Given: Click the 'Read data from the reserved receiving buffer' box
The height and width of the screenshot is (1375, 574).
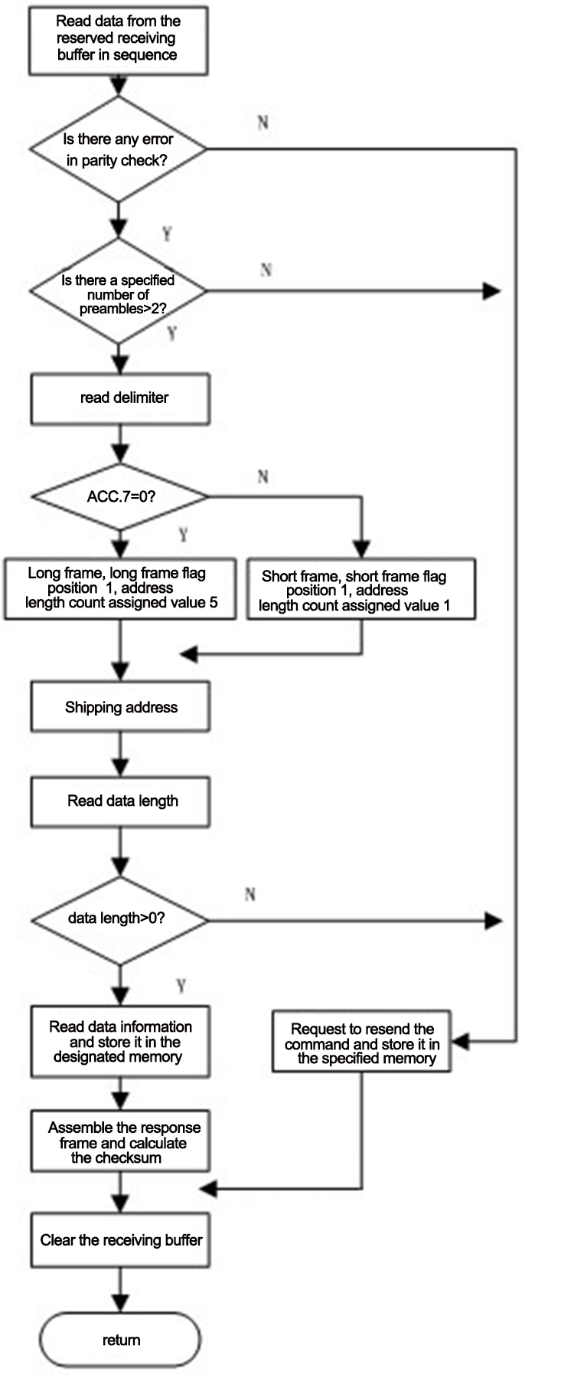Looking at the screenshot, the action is [x=119, y=38].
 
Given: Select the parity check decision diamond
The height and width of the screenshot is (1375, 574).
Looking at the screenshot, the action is [x=119, y=149].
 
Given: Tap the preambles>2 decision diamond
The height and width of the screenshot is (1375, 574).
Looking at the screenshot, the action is [x=119, y=292].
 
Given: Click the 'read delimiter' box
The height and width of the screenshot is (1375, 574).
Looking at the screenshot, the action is [x=120, y=398].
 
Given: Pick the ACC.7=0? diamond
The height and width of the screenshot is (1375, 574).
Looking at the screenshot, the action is [x=120, y=496].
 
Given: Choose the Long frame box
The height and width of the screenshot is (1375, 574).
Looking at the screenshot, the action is [x=120, y=589].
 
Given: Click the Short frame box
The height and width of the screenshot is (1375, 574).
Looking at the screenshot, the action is [x=361, y=589].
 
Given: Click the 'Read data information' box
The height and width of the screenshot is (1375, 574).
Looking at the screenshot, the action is [x=120, y=1042].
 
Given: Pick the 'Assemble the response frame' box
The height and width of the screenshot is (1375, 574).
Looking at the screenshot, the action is [x=120, y=1142].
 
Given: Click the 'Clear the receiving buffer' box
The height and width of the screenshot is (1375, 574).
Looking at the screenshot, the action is [x=120, y=1239].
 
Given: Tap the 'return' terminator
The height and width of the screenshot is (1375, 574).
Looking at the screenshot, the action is [x=120, y=1339].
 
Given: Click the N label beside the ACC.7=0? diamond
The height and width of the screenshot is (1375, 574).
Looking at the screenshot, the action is [x=263, y=476].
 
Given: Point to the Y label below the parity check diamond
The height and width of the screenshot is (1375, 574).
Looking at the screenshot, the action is [x=167, y=234].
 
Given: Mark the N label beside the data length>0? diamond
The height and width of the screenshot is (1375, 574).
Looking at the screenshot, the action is [x=250, y=894].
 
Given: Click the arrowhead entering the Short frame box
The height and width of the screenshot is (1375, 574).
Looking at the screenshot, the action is [x=362, y=549].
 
